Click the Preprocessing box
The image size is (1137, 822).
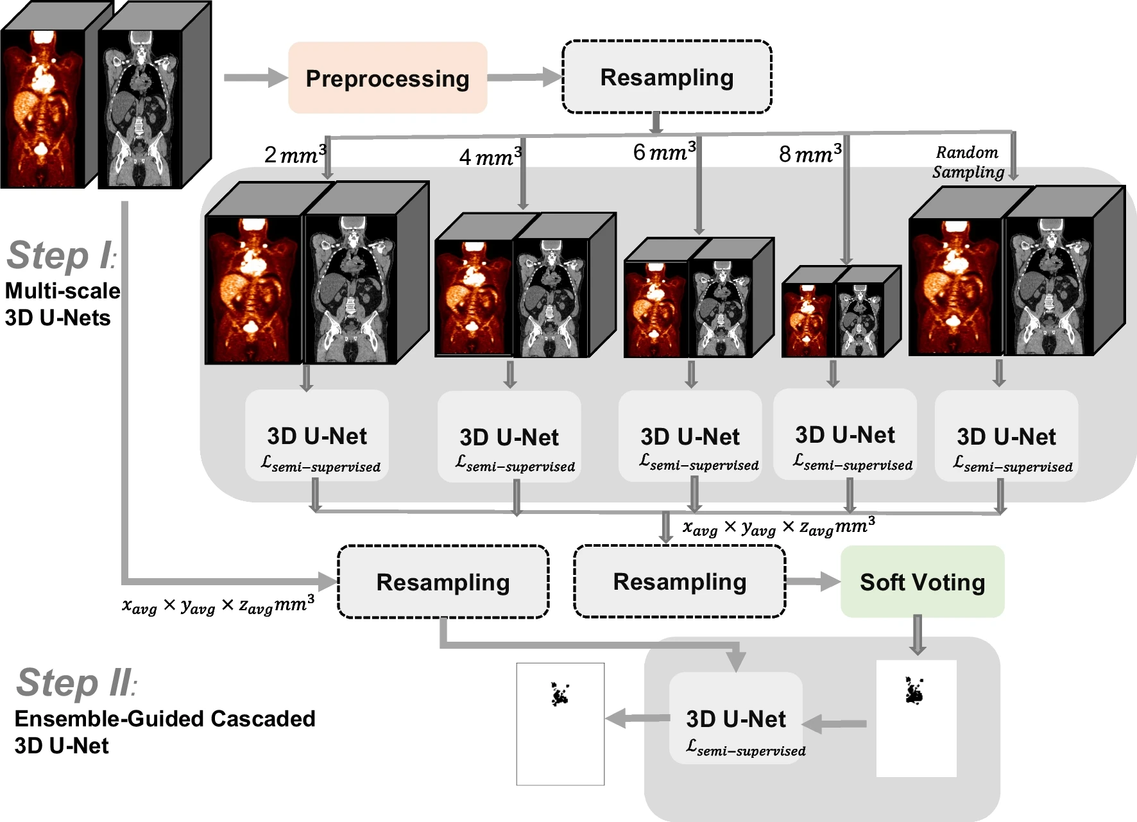(x=388, y=78)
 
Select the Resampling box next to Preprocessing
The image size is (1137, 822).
(x=667, y=78)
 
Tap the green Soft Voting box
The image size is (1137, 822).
(x=922, y=582)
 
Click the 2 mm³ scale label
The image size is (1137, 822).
(x=295, y=155)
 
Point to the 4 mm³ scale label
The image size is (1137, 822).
(x=490, y=157)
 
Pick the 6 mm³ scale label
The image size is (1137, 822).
(x=664, y=152)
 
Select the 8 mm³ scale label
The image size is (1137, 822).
(x=810, y=154)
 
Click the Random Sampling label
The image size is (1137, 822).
(x=968, y=162)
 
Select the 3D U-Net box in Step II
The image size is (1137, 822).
(x=736, y=719)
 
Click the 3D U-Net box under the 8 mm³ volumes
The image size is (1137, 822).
(x=845, y=435)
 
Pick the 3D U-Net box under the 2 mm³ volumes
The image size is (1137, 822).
(x=317, y=436)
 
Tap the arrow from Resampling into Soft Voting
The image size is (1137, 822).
(x=812, y=581)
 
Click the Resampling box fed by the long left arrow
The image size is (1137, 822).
(x=443, y=582)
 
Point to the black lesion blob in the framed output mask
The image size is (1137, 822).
(x=560, y=694)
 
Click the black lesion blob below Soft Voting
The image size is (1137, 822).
(x=914, y=691)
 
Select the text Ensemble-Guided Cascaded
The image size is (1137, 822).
(x=165, y=719)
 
